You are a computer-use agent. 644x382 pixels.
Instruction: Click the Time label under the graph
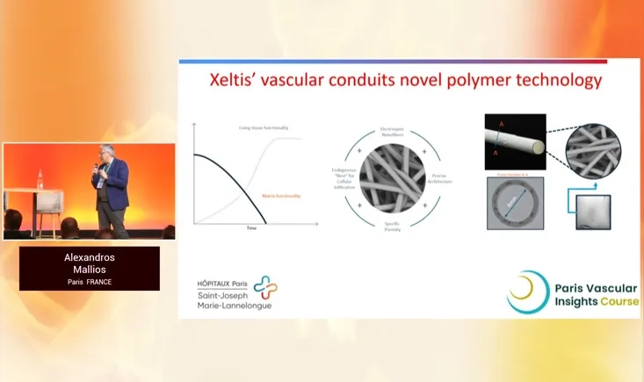point(251,227)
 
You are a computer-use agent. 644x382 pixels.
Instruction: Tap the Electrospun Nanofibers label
point(391,132)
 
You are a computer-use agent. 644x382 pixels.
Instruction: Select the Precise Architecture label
point(442,178)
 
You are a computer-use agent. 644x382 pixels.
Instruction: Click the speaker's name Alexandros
point(90,257)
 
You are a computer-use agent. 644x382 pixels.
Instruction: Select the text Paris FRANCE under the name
point(90,282)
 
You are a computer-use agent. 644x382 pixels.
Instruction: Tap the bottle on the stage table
point(40,178)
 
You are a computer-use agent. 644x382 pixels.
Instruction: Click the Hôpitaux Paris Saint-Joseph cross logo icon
point(264,289)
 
